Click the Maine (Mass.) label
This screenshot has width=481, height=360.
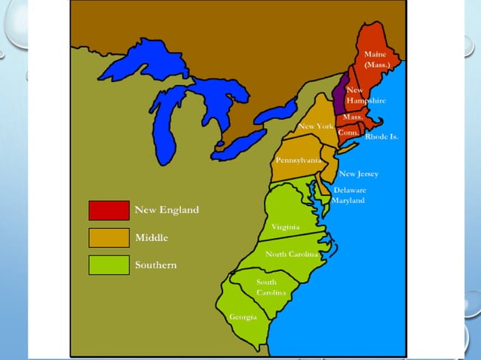375,59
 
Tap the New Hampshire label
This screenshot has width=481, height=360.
366,95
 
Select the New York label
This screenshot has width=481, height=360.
315,126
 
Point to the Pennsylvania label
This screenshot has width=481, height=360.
297,160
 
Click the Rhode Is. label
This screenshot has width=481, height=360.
381,137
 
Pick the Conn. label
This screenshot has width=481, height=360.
348,132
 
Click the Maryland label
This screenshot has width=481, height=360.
349,200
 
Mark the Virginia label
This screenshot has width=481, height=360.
285,226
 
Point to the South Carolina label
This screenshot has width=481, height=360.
271,287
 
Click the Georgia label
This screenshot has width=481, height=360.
243,317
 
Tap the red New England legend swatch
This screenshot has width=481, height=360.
109,210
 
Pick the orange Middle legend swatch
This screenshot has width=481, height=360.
109,238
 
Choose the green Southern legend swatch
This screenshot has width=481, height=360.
109,265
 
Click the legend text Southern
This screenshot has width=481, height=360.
156,265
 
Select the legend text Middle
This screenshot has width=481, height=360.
152,238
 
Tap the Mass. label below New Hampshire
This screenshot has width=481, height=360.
353,117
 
